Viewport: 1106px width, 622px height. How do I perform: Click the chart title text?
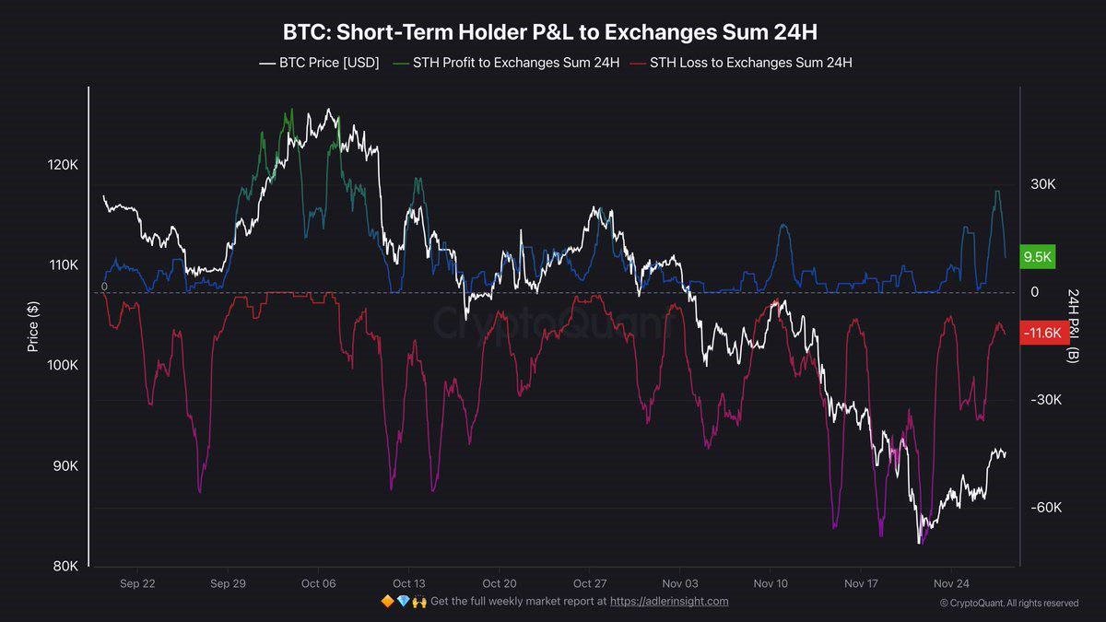(x=550, y=32)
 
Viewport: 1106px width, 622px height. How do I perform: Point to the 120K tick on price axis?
(x=62, y=165)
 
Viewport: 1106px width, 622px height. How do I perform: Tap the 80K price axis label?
(x=64, y=566)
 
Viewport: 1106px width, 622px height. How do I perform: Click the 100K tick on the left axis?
(x=62, y=366)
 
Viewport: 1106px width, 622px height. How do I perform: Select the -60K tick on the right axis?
(x=1047, y=508)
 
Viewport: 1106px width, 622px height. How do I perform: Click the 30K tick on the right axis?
(x=1042, y=184)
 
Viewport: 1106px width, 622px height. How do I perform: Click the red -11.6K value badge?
(x=1045, y=333)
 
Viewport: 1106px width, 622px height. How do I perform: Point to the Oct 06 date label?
(x=318, y=583)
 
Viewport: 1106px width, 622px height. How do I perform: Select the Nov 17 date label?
(x=862, y=583)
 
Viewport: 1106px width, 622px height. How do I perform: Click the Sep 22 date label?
(x=137, y=583)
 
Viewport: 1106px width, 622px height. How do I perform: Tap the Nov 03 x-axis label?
(x=680, y=583)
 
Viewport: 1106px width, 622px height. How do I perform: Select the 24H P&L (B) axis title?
(x=1073, y=324)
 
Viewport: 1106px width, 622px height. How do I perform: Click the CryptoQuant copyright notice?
(x=1008, y=604)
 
